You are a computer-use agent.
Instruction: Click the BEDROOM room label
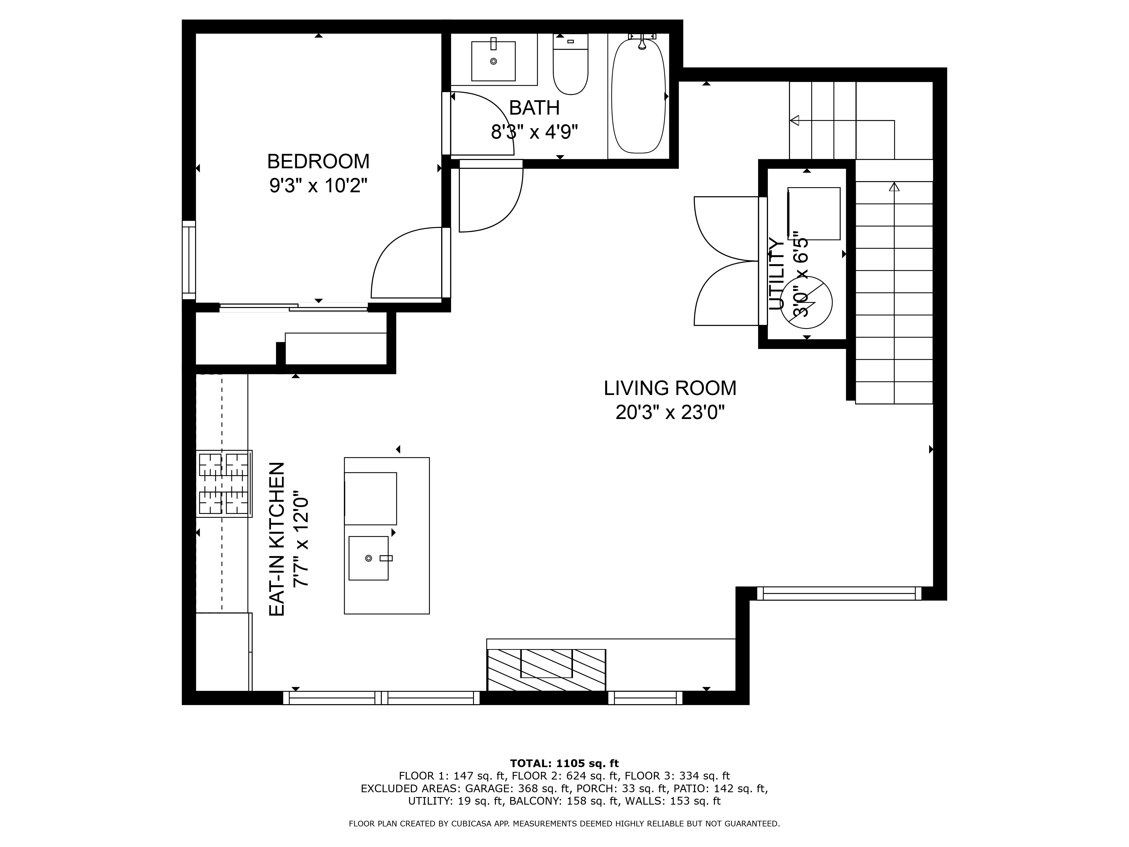(x=318, y=161)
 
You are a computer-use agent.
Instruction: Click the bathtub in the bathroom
(x=638, y=96)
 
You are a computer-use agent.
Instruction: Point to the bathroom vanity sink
(x=493, y=61)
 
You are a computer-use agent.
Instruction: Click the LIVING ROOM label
(x=670, y=388)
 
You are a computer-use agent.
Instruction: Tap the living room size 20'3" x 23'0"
(x=670, y=412)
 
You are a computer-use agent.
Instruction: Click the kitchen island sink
(x=369, y=558)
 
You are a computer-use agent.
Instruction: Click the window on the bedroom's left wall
(x=189, y=260)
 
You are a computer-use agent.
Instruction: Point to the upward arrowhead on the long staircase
(x=894, y=187)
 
